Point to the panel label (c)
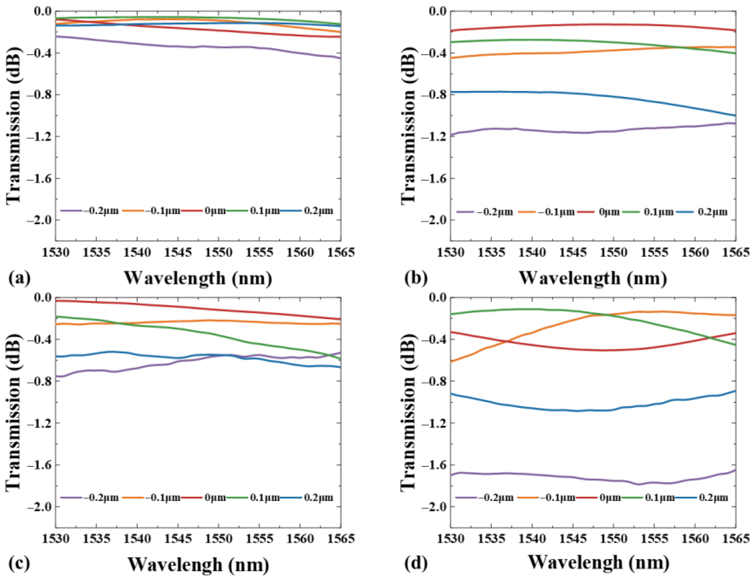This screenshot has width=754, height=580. click(x=19, y=564)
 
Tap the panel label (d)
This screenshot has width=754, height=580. click(x=415, y=564)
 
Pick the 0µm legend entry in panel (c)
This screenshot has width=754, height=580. click(x=214, y=498)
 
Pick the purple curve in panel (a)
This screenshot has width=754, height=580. click(x=172, y=46)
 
